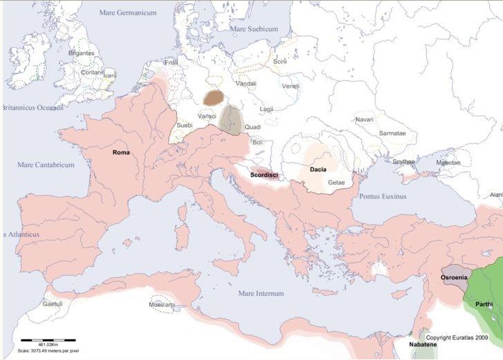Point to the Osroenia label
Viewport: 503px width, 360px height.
[453, 277]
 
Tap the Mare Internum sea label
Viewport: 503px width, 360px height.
[260, 294]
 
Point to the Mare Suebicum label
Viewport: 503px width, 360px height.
[253, 30]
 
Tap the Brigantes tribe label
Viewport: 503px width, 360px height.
[81, 53]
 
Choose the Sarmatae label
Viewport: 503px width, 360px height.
[392, 132]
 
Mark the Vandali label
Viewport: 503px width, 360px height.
[246, 83]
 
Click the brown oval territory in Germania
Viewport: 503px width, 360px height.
[213, 98]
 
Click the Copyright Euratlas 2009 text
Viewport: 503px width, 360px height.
[457, 337]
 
